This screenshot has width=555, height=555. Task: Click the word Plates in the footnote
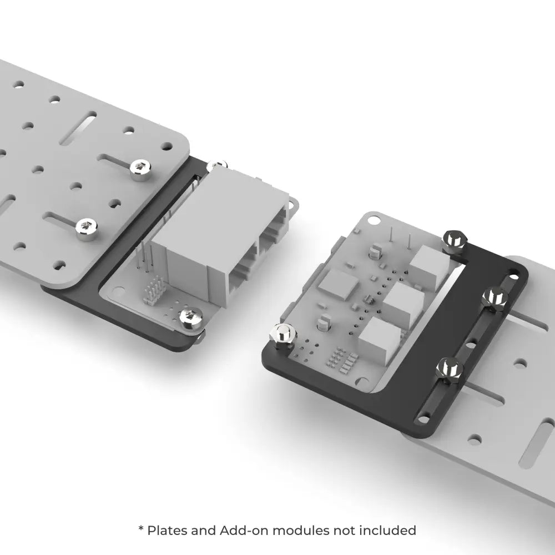(167, 530)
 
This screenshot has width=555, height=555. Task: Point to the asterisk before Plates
(141, 528)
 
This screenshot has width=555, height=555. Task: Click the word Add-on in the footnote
(244, 530)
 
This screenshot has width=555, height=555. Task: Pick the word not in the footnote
(345, 530)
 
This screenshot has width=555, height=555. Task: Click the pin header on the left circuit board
(154, 290)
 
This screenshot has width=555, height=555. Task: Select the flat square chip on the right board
(338, 284)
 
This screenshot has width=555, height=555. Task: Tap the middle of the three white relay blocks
(403, 302)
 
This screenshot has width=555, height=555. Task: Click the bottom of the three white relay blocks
(380, 339)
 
